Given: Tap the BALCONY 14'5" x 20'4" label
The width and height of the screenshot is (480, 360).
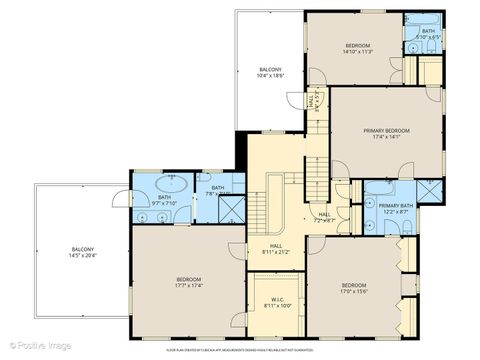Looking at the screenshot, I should [83, 253].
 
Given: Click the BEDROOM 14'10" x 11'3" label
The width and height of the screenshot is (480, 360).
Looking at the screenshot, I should [358, 50].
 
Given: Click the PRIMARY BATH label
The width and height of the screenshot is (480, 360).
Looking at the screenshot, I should [388, 207].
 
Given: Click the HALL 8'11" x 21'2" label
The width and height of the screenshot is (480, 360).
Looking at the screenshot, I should [275, 248].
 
